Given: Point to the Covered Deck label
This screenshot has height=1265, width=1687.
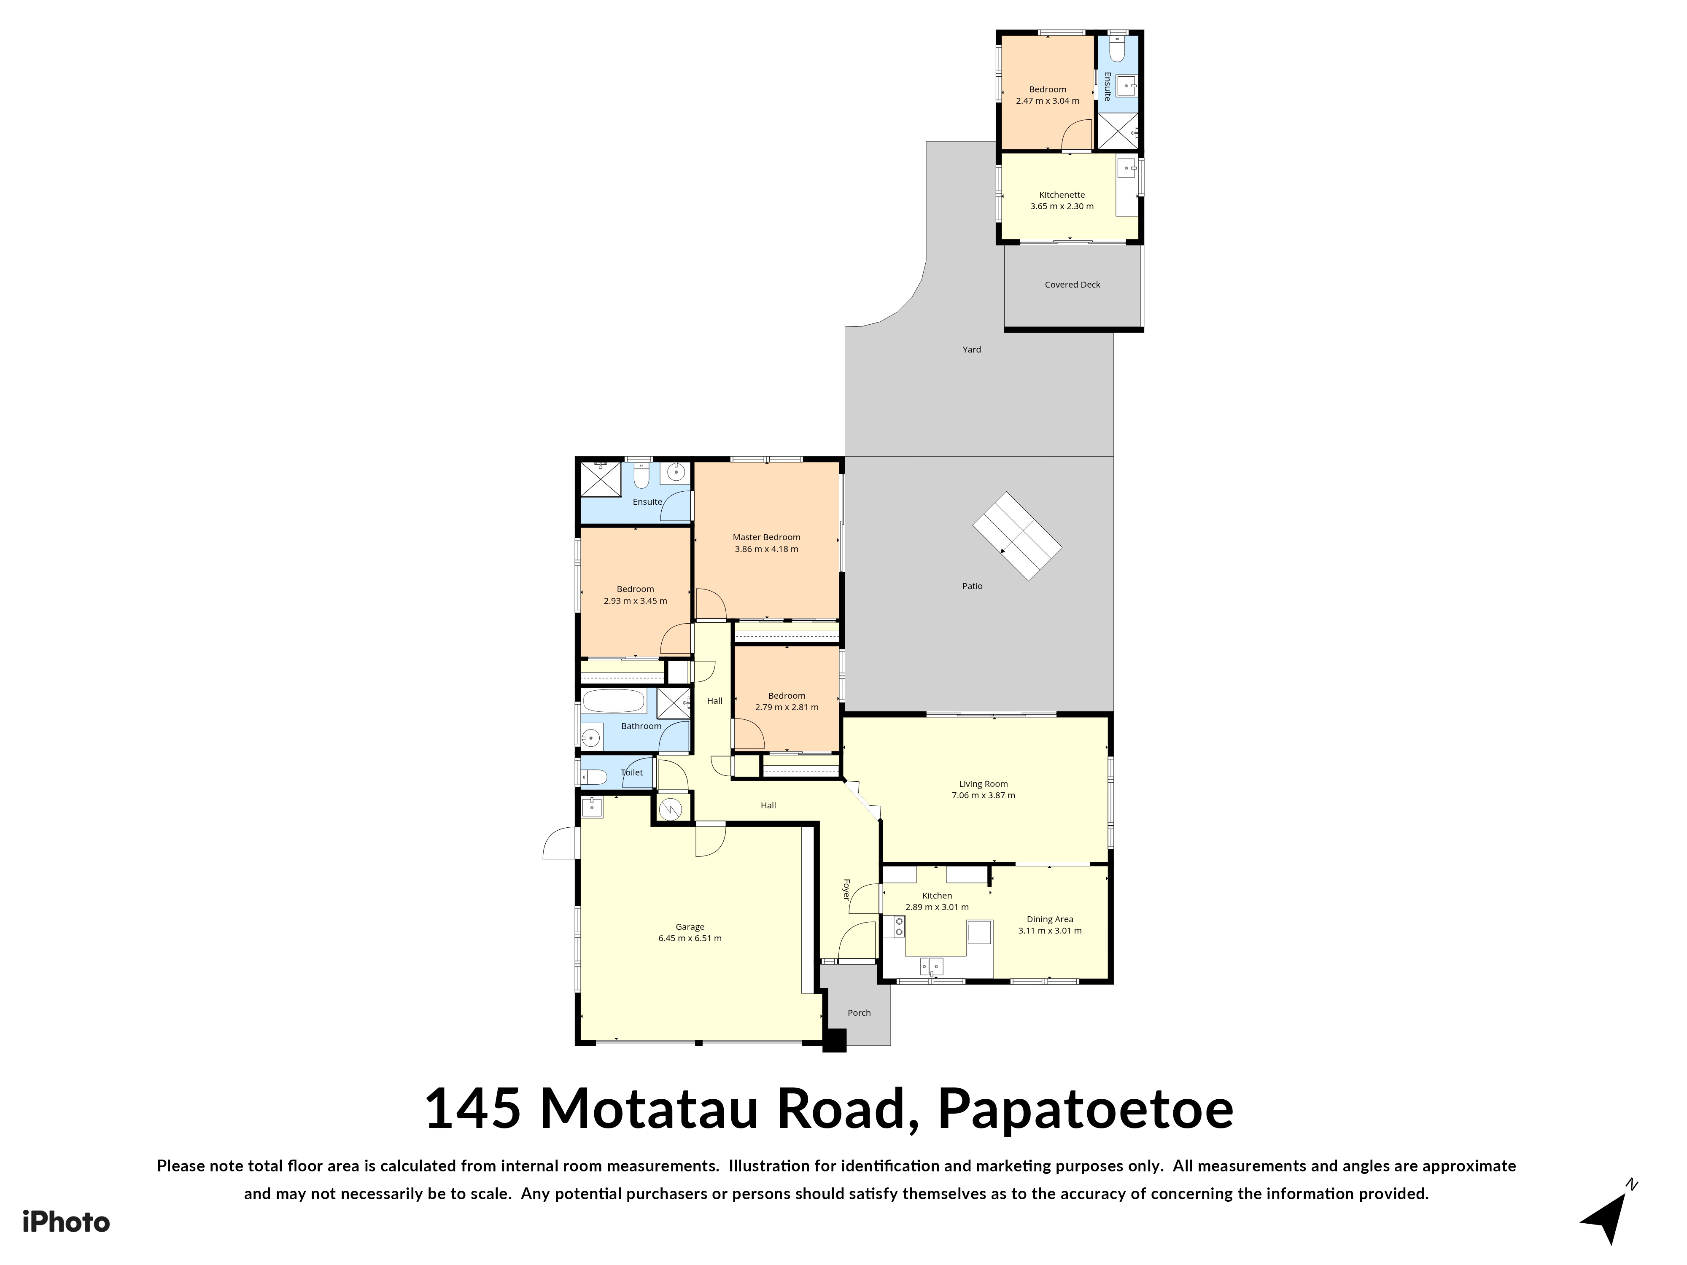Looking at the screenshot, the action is pos(1072,285).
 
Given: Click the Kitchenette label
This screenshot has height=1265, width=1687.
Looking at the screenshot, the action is pos(1062,194).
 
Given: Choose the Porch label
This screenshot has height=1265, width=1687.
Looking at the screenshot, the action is pos(859,1012).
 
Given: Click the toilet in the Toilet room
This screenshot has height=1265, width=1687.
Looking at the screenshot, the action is pos(594,777).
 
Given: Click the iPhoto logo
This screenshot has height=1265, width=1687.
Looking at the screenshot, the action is pos(66,1222).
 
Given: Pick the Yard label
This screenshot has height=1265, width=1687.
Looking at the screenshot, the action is pos(972,349).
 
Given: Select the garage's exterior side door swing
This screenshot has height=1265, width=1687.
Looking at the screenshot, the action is pos(559,843).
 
